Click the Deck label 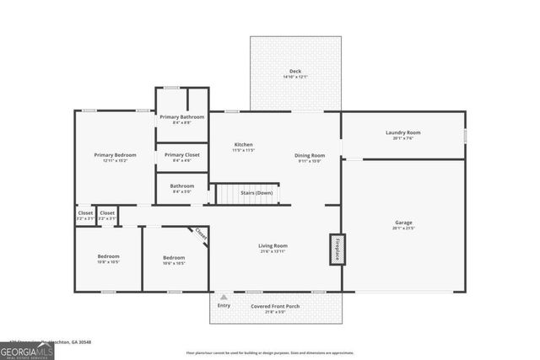coord(295,71)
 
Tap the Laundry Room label coord(402,132)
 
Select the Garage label coord(402,223)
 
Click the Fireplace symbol coord(337,249)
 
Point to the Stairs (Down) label coord(256,193)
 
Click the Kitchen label coord(243,145)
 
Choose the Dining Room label coord(310,155)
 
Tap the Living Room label coord(273,246)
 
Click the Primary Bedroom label coord(115,155)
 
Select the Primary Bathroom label coord(181,117)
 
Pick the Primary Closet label coord(181,155)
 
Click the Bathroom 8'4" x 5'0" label coord(181,186)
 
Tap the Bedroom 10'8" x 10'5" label coord(108,256)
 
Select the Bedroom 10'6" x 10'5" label coord(174,257)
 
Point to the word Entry coord(224,305)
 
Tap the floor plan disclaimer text coord(270,352)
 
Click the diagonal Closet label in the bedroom coord(201,234)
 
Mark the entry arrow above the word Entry coord(224,297)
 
